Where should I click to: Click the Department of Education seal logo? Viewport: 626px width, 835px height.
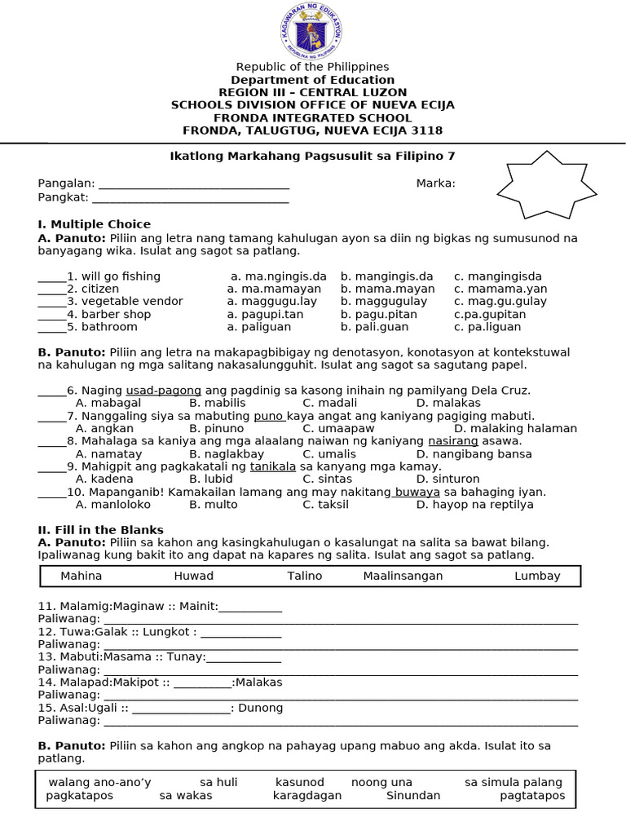coord(312,31)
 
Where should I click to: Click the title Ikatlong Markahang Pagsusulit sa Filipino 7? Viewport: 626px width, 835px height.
coord(312,156)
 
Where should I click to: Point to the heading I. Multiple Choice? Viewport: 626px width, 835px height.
coord(94,224)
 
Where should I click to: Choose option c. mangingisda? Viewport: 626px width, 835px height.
coord(498,276)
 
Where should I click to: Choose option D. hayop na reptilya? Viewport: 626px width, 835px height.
coord(474,505)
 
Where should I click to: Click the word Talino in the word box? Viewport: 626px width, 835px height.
coord(305,576)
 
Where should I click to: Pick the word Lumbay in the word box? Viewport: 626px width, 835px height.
coord(537,576)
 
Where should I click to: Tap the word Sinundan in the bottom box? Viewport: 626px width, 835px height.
coord(413,796)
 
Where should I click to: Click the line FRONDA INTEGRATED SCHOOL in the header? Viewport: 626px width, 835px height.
coord(312,117)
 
